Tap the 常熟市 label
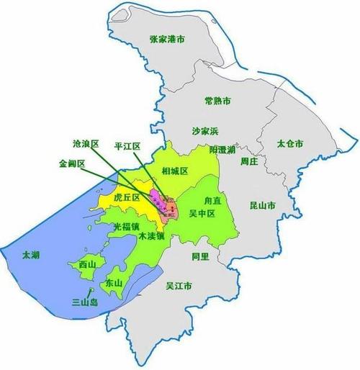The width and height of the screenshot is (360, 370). [x=217, y=100]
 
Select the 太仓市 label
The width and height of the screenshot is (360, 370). [x=289, y=144]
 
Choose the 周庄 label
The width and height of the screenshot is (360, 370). [x=249, y=161]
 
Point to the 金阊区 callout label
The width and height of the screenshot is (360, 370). [x=72, y=163]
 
